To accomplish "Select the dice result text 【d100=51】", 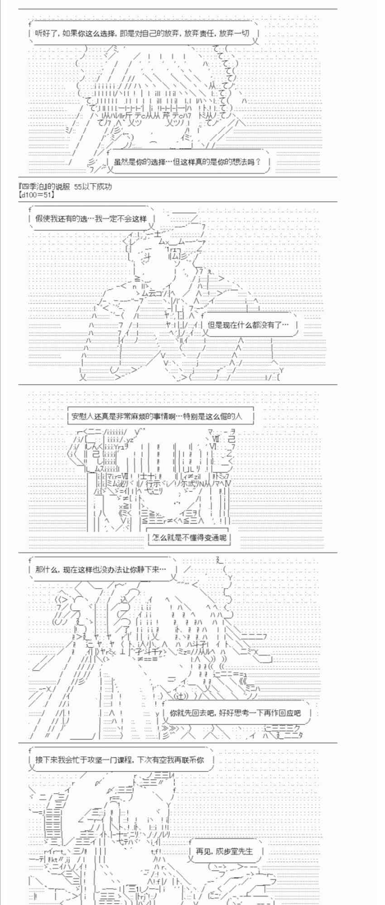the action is (37, 195).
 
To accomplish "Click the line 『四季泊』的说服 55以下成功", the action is (65, 186).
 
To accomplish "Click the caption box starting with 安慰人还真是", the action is (161, 416).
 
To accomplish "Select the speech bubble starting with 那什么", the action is (101, 569).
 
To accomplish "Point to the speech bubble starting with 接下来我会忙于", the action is (120, 760).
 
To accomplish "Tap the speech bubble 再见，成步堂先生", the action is (224, 851).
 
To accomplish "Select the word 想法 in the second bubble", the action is (240, 162).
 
